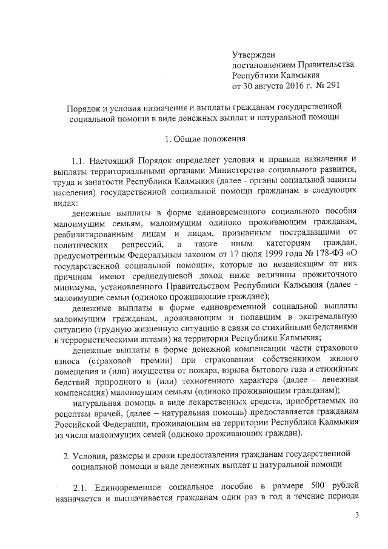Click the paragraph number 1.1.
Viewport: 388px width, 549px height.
81,162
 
